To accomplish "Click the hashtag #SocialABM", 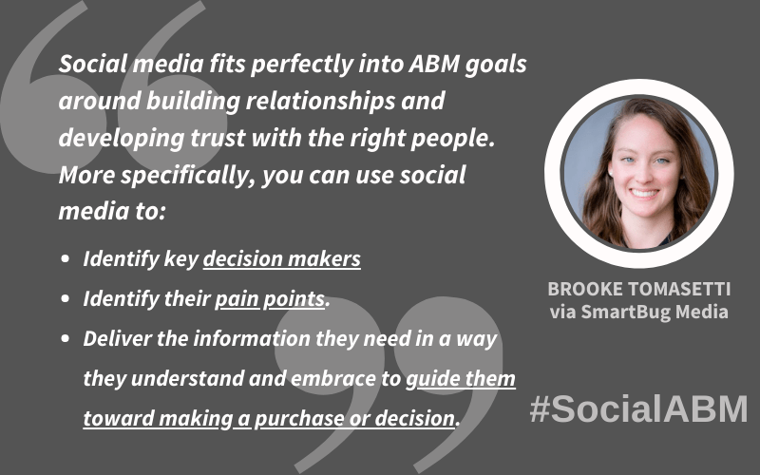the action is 638,409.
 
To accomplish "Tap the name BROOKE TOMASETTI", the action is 638,289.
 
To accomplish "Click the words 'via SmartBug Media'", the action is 638,312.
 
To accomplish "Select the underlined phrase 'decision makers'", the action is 281,258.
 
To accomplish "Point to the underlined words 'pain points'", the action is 270,299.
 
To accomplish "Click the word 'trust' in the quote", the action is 218,138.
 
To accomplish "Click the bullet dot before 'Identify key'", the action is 66,258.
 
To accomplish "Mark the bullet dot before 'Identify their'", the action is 66,298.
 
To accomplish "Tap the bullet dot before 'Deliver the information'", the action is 66,338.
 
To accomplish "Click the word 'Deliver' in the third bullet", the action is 117,339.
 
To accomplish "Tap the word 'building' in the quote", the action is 193,102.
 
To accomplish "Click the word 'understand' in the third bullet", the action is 187,378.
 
